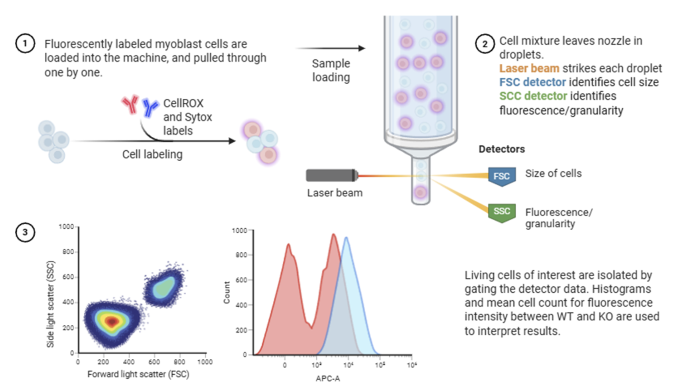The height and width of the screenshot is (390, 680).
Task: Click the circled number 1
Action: pyautogui.click(x=25, y=43)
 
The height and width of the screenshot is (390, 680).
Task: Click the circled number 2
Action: pyautogui.click(x=485, y=44)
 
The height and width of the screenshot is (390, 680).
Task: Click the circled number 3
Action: pyautogui.click(x=25, y=232)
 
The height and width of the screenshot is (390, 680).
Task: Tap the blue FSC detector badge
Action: pyautogui.click(x=502, y=176)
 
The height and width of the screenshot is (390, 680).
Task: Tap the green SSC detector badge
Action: pyautogui.click(x=502, y=212)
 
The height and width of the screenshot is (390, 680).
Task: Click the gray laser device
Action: pyautogui.click(x=332, y=176)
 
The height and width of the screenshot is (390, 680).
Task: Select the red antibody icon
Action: pyautogui.click(x=130, y=104)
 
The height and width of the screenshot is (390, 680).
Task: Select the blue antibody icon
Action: pyautogui.click(x=150, y=107)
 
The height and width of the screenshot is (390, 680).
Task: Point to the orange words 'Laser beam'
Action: pyautogui.click(x=529, y=68)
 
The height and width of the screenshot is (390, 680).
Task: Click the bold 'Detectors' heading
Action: pyautogui.click(x=501, y=149)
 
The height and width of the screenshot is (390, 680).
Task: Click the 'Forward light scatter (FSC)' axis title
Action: pyautogui.click(x=138, y=374)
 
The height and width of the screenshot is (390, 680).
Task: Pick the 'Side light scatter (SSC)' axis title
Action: pyautogui.click(x=50, y=304)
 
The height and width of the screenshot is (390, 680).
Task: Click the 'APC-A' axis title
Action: pyautogui.click(x=327, y=378)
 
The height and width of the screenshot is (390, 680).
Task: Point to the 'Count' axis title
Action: pyautogui.click(x=227, y=293)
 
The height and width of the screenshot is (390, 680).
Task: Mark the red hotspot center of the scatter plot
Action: pyautogui.click(x=112, y=321)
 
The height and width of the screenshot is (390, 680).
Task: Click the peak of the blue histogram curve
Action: pyautogui.click(x=346, y=238)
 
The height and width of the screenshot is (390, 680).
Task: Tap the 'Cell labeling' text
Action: pyautogui.click(x=152, y=155)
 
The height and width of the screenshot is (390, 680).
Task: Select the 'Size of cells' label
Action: pyautogui.click(x=554, y=173)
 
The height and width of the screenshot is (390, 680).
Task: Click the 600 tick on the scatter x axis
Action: pyautogui.click(x=154, y=362)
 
